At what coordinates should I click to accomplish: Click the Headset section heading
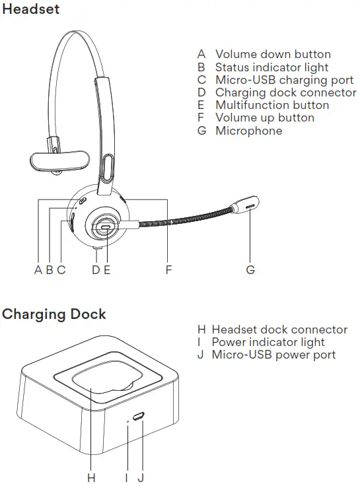pyautogui.click(x=30, y=9)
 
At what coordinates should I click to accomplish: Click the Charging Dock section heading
pyautogui.click(x=54, y=314)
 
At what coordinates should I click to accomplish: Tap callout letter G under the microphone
pyautogui.click(x=250, y=269)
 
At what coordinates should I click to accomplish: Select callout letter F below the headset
pyautogui.click(x=168, y=269)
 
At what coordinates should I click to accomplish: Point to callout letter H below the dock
pyautogui.click(x=92, y=476)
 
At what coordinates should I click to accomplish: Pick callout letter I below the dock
pyautogui.click(x=126, y=476)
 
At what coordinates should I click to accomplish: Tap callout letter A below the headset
pyautogui.click(x=38, y=269)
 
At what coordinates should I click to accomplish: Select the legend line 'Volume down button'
pyautogui.click(x=273, y=54)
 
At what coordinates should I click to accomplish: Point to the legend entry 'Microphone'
pyautogui.click(x=248, y=131)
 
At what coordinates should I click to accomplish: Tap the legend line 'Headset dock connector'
pyautogui.click(x=279, y=330)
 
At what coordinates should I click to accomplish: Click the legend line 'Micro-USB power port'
pyautogui.click(x=273, y=355)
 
